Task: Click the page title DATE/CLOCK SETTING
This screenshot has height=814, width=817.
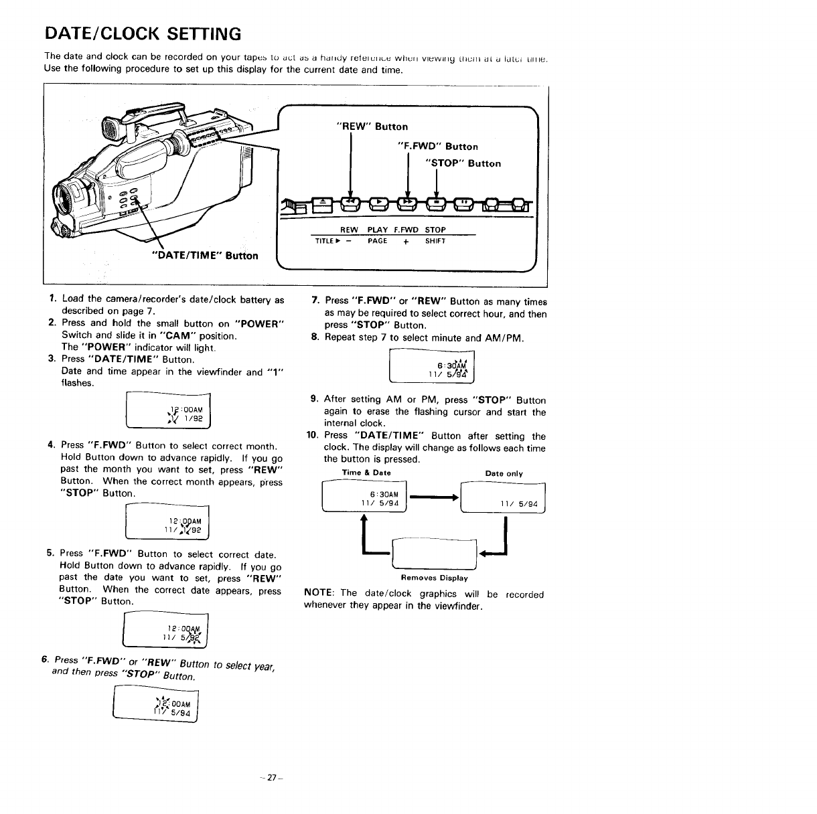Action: tap(142, 33)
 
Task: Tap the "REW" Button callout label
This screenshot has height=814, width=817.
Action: tap(372, 127)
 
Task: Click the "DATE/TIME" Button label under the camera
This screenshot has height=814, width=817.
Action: tap(205, 255)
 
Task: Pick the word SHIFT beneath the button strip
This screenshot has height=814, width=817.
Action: tap(436, 241)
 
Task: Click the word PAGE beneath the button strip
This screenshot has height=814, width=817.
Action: tap(377, 241)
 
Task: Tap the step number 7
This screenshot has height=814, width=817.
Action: tap(315, 301)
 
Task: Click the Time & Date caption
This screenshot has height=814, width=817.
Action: tap(366, 473)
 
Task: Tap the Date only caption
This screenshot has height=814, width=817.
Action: tap(504, 474)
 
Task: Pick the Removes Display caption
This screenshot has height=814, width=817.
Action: tap(434, 578)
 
